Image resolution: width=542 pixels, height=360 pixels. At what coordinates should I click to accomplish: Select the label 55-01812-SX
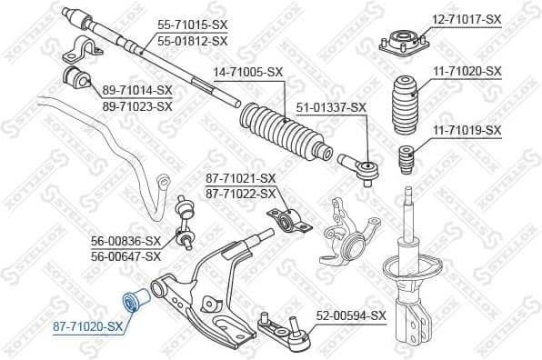pyautogui.click(x=193, y=42)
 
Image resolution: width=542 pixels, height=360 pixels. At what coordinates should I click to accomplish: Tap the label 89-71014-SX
pyautogui.click(x=137, y=90)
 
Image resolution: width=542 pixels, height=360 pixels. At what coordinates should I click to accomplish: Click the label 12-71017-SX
pyautogui.click(x=467, y=18)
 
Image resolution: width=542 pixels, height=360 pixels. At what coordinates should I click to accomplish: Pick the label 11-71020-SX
pyautogui.click(x=467, y=70)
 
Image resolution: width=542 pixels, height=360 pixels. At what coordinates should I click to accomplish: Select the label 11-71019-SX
pyautogui.click(x=467, y=131)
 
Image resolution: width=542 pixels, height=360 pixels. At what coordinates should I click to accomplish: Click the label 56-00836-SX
pyautogui.click(x=125, y=241)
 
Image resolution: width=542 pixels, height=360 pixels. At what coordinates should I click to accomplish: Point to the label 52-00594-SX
pyautogui.click(x=351, y=315)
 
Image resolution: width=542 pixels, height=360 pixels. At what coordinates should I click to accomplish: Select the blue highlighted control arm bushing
pyautogui.click(x=132, y=299)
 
